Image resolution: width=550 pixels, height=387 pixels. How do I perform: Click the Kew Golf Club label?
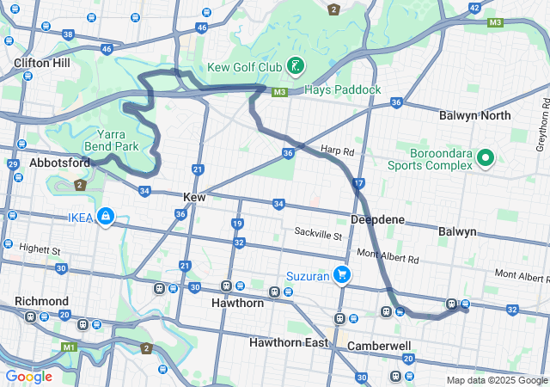[244, 67]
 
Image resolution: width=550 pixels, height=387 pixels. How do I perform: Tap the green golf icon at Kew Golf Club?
[295, 66]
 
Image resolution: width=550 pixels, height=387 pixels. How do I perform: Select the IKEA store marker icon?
[105, 216]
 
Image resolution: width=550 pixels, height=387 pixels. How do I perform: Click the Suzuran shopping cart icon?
[342, 275]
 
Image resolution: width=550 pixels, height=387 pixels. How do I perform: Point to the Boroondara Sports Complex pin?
[485, 157]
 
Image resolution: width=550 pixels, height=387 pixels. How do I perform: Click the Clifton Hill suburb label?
[42, 63]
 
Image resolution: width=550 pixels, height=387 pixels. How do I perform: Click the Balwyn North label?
[474, 115]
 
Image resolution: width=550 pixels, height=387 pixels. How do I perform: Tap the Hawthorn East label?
[290, 342]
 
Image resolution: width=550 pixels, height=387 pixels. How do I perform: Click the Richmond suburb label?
[41, 301]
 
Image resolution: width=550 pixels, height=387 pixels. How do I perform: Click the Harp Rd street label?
[338, 150]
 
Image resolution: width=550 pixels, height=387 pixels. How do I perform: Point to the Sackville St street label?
[318, 234]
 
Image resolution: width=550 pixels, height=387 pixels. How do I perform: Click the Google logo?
[28, 376]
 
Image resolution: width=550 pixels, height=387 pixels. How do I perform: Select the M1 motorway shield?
[69, 347]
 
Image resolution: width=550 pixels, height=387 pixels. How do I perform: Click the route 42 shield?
[474, 8]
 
